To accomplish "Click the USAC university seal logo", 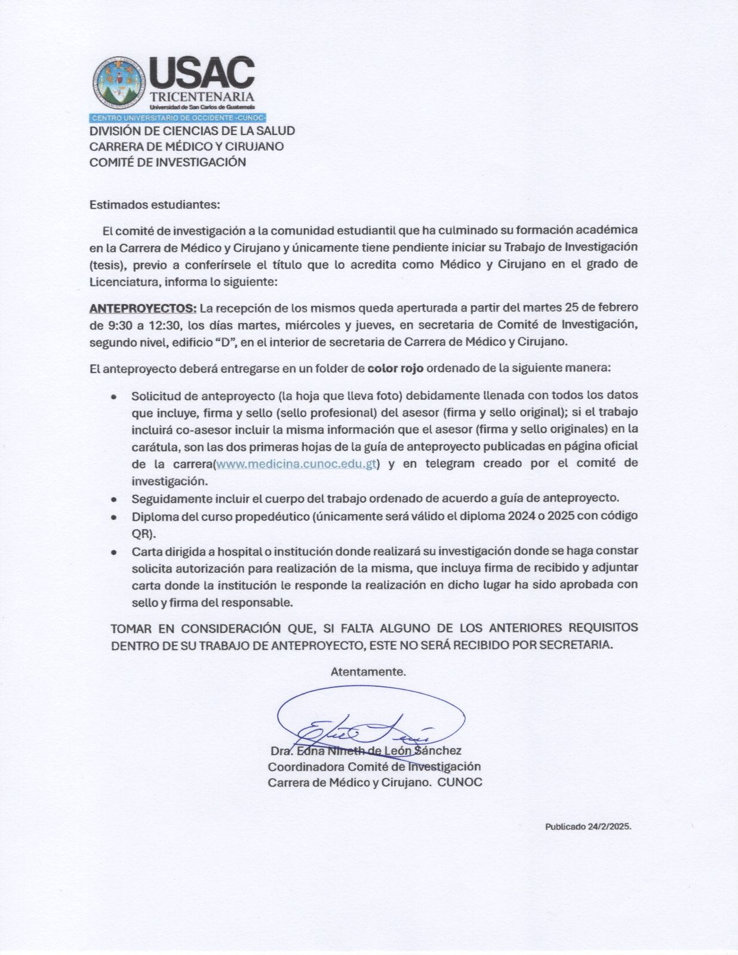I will (x=118, y=83).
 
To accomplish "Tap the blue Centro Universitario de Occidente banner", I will (x=178, y=117).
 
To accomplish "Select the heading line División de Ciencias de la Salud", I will (x=192, y=131).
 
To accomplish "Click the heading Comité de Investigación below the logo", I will (x=167, y=162).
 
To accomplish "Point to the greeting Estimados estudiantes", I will (x=155, y=205).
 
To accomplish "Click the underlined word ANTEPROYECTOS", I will (x=143, y=308).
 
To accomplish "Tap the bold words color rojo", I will (x=395, y=368).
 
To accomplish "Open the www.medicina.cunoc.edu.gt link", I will (x=296, y=464).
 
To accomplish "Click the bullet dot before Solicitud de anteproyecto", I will (x=113, y=396).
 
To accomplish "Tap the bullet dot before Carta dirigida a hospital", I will (x=113, y=552).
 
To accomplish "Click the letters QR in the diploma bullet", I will (x=141, y=533).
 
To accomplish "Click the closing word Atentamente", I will (x=368, y=671).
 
